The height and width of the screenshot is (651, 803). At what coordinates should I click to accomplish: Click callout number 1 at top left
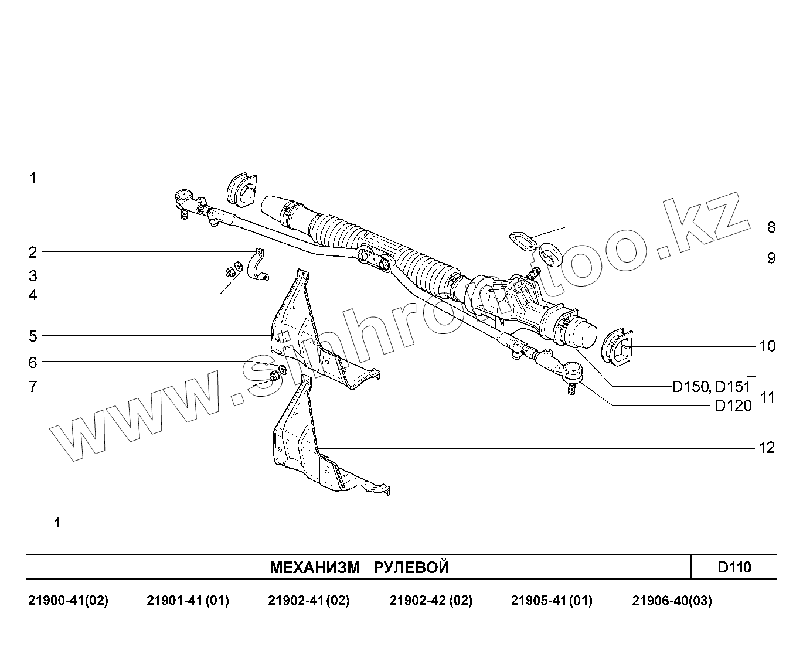click(x=33, y=178)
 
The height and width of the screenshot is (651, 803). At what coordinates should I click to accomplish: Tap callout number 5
click(x=33, y=336)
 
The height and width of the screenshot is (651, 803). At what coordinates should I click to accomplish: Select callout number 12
click(x=767, y=448)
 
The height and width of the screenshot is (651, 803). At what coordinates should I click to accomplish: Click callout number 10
click(x=767, y=346)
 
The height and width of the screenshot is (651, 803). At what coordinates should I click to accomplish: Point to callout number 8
click(x=771, y=227)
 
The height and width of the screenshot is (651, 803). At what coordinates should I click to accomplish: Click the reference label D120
click(x=733, y=405)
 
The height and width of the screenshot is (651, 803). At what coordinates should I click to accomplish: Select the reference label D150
click(x=689, y=387)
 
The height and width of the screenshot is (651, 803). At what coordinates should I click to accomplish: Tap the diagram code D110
click(x=734, y=567)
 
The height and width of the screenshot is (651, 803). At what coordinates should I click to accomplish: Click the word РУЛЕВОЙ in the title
click(x=411, y=567)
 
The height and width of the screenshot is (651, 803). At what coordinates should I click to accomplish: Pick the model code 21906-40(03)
click(x=672, y=601)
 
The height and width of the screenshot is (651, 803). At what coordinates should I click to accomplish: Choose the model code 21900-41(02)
click(x=68, y=601)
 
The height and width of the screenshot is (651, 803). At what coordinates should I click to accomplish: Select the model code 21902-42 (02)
click(x=431, y=601)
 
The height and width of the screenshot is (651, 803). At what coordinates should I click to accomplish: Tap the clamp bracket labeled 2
click(x=257, y=266)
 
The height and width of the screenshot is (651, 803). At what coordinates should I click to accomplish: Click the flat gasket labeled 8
click(x=523, y=240)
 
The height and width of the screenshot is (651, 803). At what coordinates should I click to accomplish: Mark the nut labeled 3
click(x=230, y=272)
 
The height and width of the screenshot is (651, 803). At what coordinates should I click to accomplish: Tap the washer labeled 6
click(x=282, y=370)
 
